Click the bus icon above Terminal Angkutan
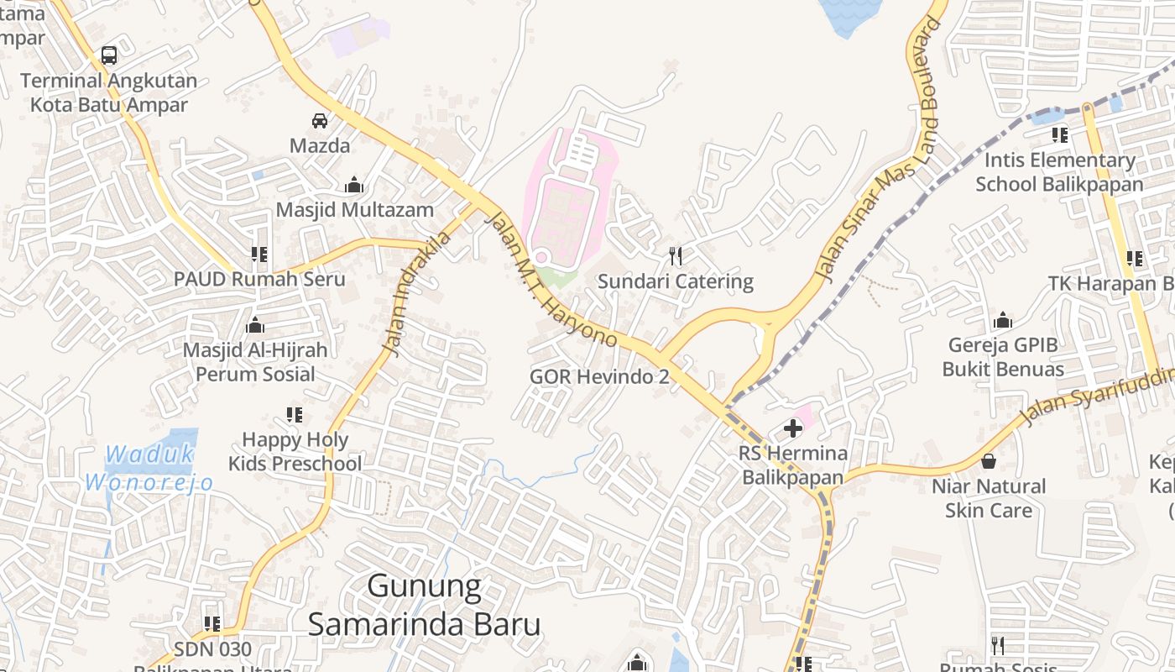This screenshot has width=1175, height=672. [109, 55]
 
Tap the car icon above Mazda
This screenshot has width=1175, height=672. [320, 120]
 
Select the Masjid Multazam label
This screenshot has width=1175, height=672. [354, 210]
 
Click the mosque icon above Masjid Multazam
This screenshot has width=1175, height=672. [354, 185]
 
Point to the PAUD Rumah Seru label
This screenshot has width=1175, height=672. [259, 279]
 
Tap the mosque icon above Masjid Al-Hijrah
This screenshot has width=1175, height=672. [255, 325]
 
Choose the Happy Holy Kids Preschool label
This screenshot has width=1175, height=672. [295, 451]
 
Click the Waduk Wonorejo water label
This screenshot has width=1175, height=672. [149, 469]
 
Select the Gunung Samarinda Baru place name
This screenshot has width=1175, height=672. [424, 606]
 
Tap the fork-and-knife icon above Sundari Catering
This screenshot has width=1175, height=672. [676, 255]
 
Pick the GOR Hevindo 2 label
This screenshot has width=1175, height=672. [599, 377]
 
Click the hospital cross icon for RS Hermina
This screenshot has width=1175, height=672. [792, 429]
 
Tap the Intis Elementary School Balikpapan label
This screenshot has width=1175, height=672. [1059, 172]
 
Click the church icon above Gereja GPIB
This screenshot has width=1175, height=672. [1002, 320]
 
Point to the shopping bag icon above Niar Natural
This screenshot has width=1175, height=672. [989, 461]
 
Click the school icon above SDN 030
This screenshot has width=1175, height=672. [212, 623]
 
